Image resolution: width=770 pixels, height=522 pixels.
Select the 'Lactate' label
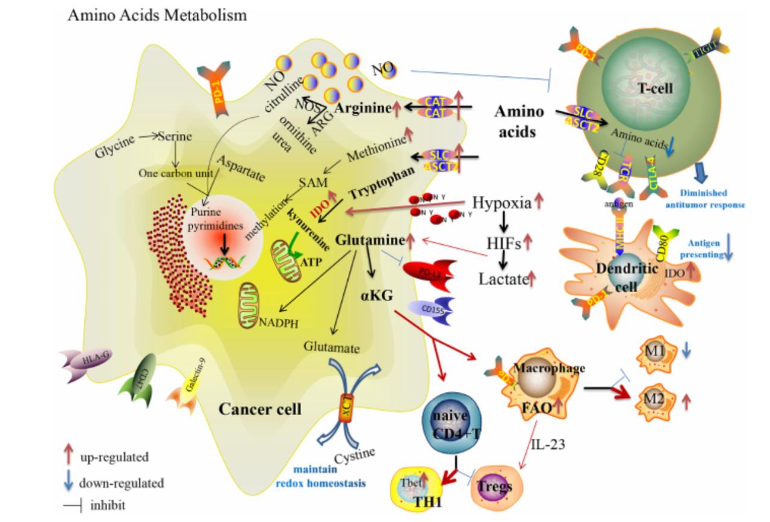click(x=503, y=278)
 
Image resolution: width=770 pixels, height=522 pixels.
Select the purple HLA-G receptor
click(x=84, y=361)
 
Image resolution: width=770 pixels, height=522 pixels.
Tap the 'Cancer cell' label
click(x=259, y=409)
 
